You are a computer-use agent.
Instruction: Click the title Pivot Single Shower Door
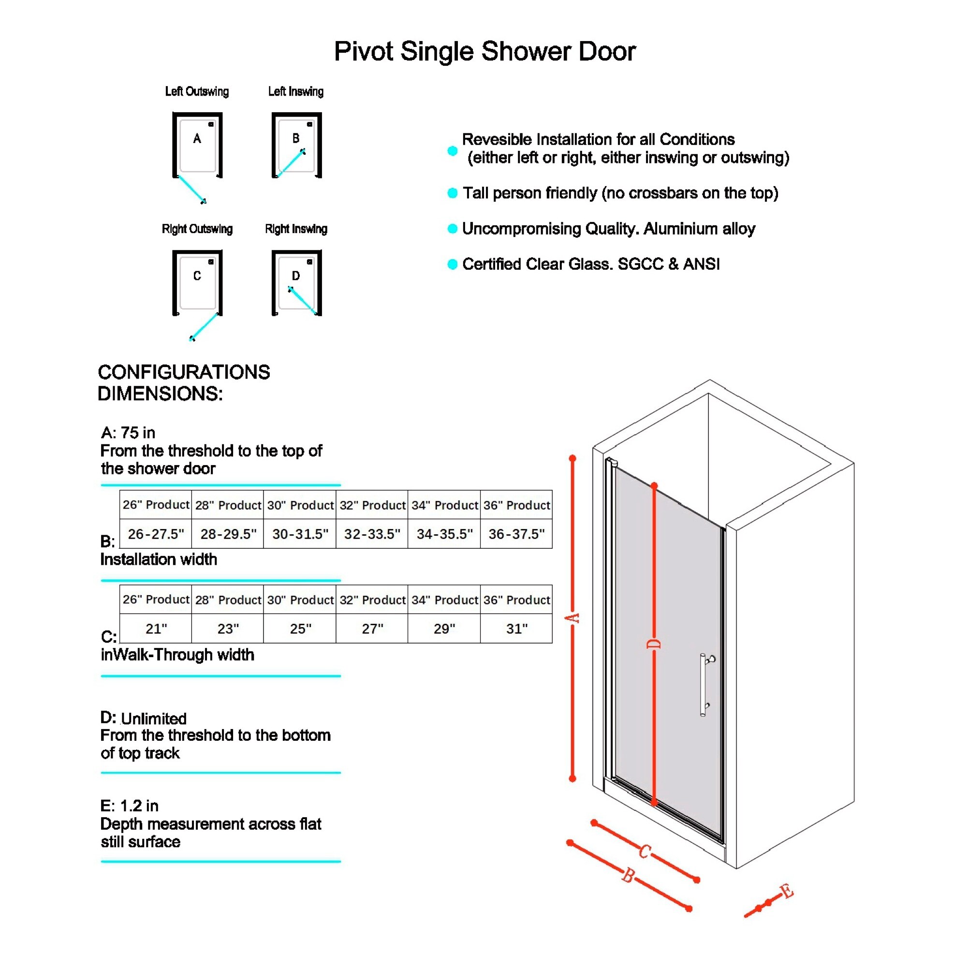484,52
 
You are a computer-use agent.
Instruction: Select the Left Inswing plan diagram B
296,145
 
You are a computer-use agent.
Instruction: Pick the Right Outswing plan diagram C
197,295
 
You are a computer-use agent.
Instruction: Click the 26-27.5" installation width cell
156,534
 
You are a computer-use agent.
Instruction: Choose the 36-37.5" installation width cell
516,534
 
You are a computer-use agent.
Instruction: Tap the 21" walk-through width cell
156,629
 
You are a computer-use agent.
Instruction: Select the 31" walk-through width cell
516,629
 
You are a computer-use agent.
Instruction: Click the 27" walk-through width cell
372,629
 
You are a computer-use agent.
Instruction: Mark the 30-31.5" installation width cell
300,534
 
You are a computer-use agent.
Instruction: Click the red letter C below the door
645,851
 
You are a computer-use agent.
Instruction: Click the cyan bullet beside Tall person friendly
453,193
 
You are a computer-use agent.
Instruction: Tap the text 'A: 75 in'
128,432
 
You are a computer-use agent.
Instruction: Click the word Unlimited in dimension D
154,719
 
